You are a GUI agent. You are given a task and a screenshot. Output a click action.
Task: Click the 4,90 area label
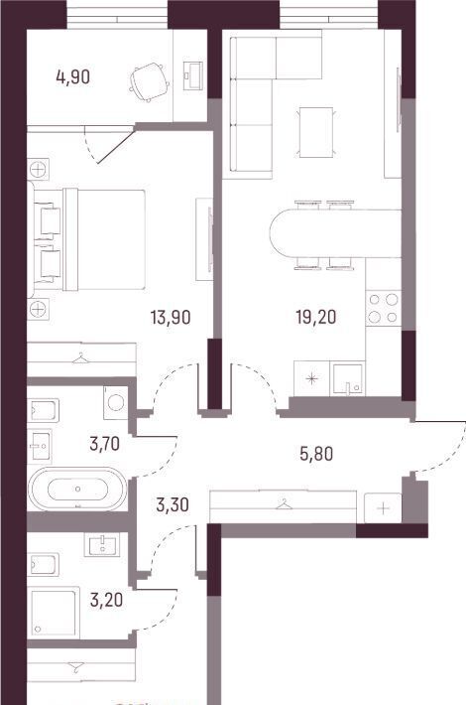point(72,76)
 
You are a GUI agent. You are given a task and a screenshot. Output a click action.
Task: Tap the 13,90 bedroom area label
point(171,318)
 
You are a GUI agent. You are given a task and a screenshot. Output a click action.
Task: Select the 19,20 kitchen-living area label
point(316,318)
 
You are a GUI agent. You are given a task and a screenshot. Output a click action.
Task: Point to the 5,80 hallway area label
point(316,454)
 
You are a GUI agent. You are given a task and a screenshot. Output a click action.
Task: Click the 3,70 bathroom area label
point(105,444)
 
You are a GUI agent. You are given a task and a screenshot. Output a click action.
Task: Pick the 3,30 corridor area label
point(172,505)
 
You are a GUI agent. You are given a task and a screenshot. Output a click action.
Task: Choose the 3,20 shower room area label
point(106,600)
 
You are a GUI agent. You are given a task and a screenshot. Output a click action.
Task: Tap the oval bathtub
point(77,489)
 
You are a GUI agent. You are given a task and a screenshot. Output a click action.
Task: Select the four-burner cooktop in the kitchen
point(384,309)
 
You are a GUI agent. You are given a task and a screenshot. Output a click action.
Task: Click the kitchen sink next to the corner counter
point(346,379)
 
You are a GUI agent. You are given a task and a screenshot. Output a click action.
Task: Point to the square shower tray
point(54,612)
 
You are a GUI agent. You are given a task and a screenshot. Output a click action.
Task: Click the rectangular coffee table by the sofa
point(316,133)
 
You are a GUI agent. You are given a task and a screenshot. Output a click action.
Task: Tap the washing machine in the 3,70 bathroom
point(116,400)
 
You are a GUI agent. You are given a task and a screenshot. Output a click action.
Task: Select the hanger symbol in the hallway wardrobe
point(283,505)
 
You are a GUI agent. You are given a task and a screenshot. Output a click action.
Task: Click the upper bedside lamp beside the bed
point(38,170)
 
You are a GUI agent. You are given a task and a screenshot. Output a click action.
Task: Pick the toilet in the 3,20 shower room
point(43,565)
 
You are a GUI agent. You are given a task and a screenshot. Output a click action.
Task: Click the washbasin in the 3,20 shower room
point(102,544)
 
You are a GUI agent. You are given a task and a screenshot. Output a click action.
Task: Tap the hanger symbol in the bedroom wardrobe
point(80,357)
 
